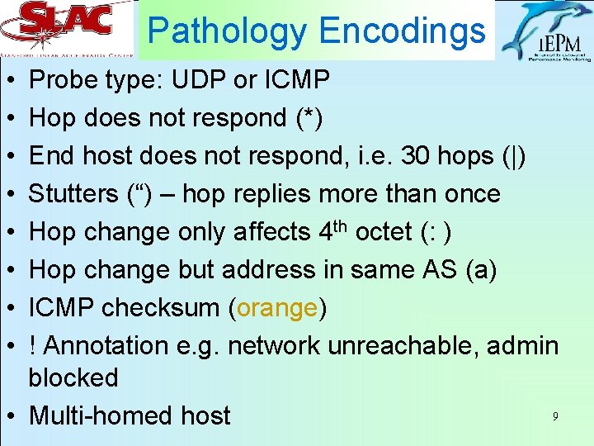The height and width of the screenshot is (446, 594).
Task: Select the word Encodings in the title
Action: (402, 31)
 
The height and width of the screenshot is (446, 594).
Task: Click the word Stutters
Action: (73, 194)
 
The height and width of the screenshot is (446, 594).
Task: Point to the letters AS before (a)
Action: (446, 270)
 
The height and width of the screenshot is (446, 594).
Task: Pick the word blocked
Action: (73, 377)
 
